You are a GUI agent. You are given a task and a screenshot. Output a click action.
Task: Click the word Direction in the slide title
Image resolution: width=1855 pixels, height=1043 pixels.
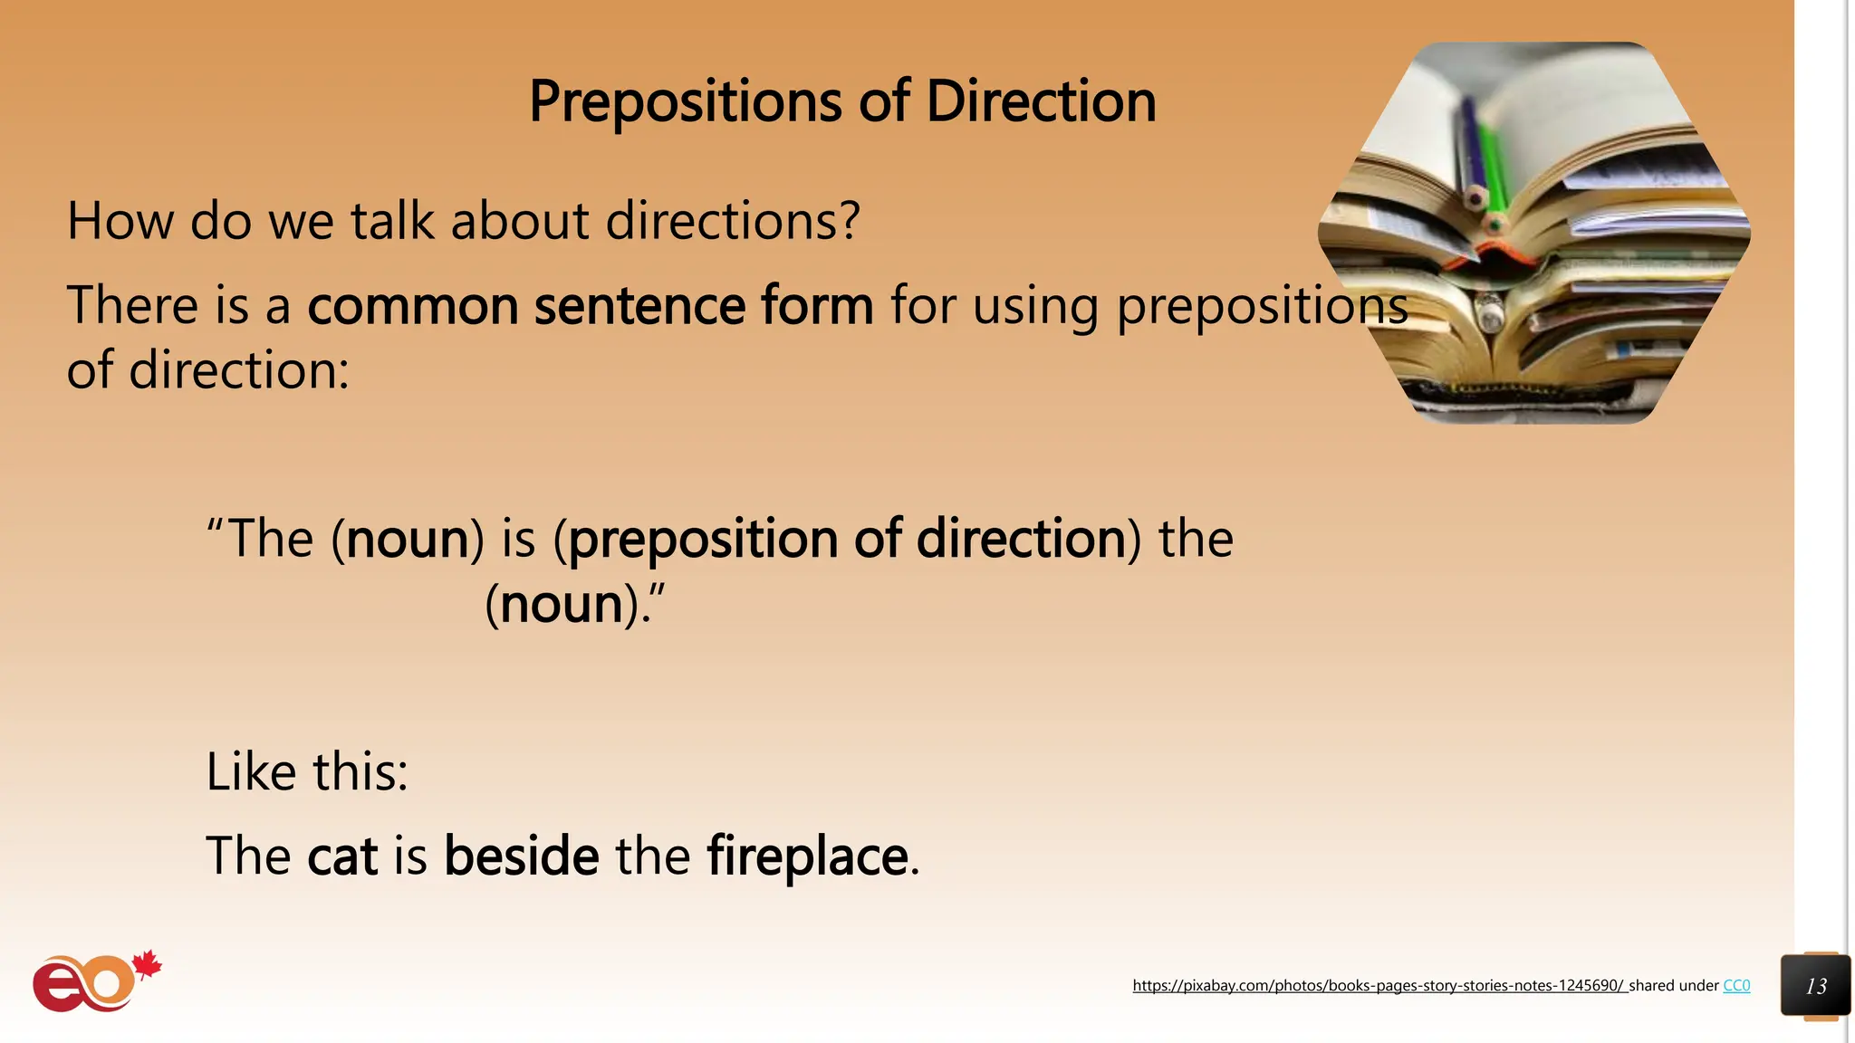(1041, 101)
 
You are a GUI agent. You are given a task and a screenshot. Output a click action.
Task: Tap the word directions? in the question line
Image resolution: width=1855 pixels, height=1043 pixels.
(732, 220)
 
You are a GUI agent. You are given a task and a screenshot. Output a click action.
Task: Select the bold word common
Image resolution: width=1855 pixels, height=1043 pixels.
(412, 305)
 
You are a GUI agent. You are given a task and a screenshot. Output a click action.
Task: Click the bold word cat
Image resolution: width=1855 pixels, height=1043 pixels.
(342, 856)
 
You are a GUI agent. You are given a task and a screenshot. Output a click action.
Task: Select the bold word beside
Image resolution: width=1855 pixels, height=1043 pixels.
(521, 856)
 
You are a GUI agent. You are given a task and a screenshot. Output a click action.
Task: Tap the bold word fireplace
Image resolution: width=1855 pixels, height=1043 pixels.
(807, 856)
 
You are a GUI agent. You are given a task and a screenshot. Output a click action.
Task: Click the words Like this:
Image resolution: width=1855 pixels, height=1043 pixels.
(307, 772)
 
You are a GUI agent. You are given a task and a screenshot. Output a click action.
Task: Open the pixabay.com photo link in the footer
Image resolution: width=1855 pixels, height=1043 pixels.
(1379, 986)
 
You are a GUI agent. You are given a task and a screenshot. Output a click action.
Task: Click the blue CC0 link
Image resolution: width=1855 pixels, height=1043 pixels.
(1735, 986)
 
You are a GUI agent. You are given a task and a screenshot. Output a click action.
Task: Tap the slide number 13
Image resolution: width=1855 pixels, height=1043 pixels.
(1815, 986)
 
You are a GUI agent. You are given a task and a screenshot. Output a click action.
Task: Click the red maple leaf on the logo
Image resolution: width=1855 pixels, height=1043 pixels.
(147, 965)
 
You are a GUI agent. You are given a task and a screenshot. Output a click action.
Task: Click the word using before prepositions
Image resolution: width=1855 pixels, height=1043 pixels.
(1035, 305)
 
